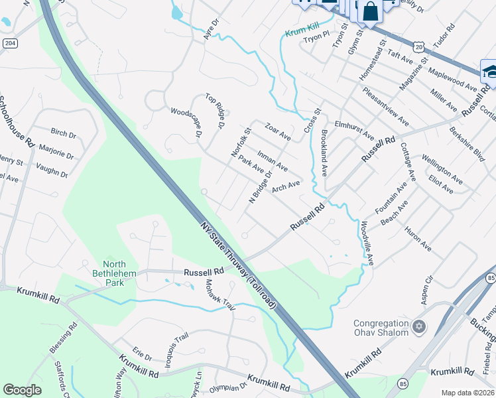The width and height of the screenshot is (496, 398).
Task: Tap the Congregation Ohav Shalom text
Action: (380, 328)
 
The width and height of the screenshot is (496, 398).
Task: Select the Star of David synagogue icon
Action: (418, 326)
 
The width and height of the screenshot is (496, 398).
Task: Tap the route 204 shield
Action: (8, 42)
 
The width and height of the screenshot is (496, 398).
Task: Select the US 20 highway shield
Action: (418, 46)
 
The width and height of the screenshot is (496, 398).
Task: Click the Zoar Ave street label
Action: (277, 131)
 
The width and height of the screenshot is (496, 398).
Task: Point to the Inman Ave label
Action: (272, 160)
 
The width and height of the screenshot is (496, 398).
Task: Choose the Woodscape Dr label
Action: (186, 123)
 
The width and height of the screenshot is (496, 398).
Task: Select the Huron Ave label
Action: (417, 239)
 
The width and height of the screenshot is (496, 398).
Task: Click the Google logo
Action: (22, 390)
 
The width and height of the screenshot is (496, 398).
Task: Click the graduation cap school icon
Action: (489, 72)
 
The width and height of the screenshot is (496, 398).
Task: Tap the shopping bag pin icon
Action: (370, 11)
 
